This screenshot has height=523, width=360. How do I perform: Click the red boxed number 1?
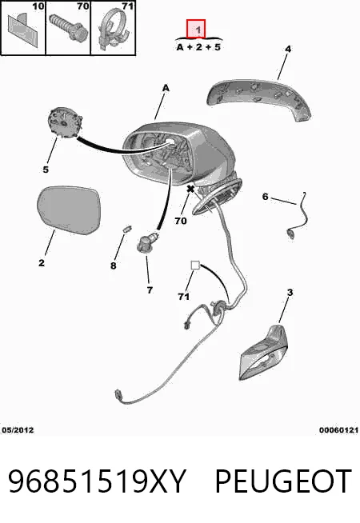tap(196, 29)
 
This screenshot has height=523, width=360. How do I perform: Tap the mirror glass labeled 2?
tap(69, 210)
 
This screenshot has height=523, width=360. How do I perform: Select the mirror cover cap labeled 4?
tap(259, 99)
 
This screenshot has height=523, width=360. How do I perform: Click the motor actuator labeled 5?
tap(64, 122)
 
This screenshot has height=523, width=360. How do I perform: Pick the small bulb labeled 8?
tap(126, 229)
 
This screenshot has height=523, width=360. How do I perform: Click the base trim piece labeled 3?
tap(263, 353)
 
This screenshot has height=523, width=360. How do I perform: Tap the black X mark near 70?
tap(190, 189)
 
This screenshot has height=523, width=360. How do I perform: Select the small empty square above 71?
tap(195, 265)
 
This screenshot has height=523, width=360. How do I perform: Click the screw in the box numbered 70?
tap(69, 27)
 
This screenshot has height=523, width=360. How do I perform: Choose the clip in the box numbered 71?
tap(114, 30)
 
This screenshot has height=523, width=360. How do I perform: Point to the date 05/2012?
tap(18, 430)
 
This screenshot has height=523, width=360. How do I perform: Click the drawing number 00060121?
tap(338, 430)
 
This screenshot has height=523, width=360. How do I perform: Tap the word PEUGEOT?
tap(283, 481)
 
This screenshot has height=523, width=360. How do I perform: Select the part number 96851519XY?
tap(97, 481)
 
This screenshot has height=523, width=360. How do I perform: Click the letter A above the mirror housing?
tap(166, 88)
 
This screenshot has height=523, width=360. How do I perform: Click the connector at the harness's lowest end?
tap(118, 394)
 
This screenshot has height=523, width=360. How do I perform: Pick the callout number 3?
tap(290, 293)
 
